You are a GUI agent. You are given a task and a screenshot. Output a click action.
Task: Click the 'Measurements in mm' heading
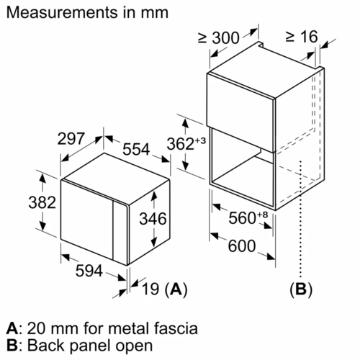[86, 13]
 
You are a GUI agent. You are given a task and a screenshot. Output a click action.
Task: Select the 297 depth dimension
[72, 138]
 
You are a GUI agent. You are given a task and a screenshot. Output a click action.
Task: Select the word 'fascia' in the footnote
[177, 329]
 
